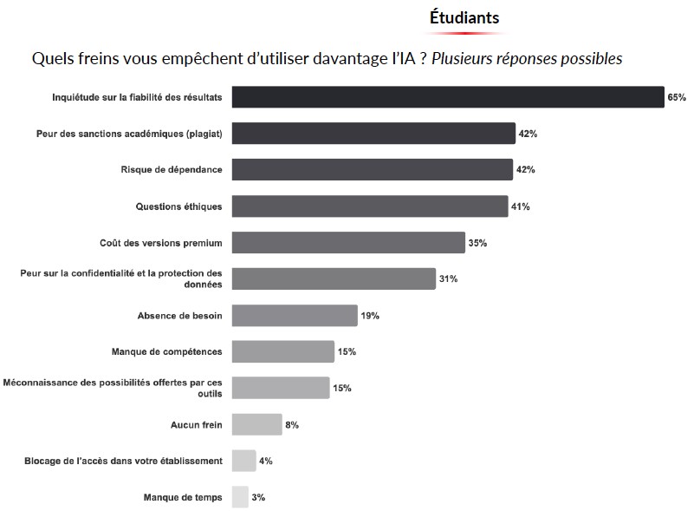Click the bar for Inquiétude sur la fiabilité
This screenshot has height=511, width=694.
[x=447, y=97]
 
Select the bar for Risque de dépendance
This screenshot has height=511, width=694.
[x=373, y=169]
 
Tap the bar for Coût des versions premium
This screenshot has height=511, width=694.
[x=348, y=243]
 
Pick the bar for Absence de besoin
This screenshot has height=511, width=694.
[x=295, y=316]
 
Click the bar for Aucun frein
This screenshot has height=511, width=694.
[x=257, y=424]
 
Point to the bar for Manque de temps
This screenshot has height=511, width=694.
[x=240, y=497]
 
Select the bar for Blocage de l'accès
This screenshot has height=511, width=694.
[x=244, y=461]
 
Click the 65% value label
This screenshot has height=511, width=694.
[x=676, y=97]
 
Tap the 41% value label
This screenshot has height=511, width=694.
[x=520, y=206]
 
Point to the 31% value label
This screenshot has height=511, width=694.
[x=448, y=279]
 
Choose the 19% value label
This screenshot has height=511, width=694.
[x=370, y=316]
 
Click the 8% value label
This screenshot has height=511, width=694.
[x=292, y=425]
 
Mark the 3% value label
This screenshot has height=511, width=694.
[x=258, y=498]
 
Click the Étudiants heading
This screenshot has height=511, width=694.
[x=464, y=17]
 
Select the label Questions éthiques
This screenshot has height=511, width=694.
[x=178, y=206]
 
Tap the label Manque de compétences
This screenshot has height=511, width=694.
[x=166, y=351]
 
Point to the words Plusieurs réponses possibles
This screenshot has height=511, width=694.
[x=527, y=59]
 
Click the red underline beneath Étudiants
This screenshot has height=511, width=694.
[x=464, y=33]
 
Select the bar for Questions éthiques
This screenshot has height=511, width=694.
[x=370, y=206]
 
